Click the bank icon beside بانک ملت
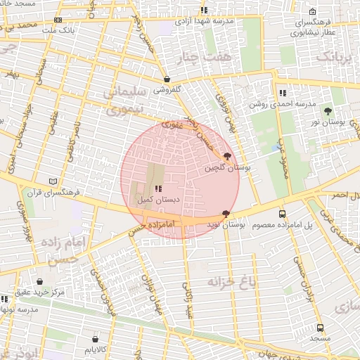(58, 20)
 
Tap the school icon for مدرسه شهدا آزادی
(204, 11)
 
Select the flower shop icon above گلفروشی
(167, 79)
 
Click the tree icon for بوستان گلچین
(226, 157)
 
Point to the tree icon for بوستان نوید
(226, 213)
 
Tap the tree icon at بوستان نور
(328, 111)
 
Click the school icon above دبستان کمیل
(157, 188)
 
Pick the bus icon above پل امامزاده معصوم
(282, 214)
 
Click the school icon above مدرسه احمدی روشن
(282, 93)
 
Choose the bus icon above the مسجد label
(321, 328)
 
